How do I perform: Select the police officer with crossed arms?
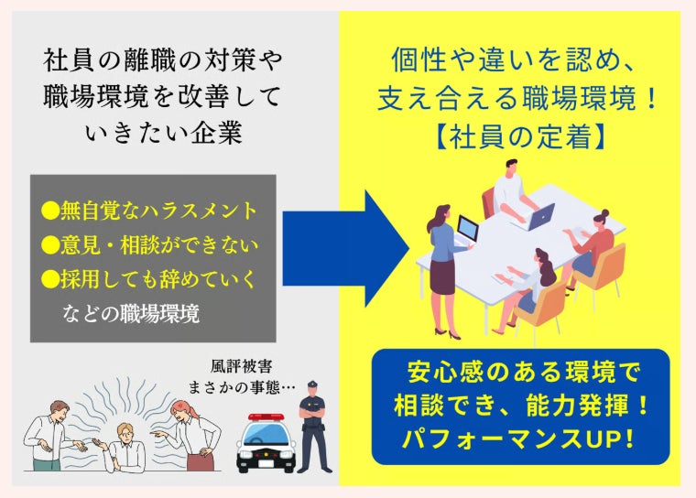(313, 426)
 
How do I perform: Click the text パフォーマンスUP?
(519, 438)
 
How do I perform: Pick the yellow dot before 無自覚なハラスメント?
(49, 211)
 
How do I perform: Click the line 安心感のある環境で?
(521, 373)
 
